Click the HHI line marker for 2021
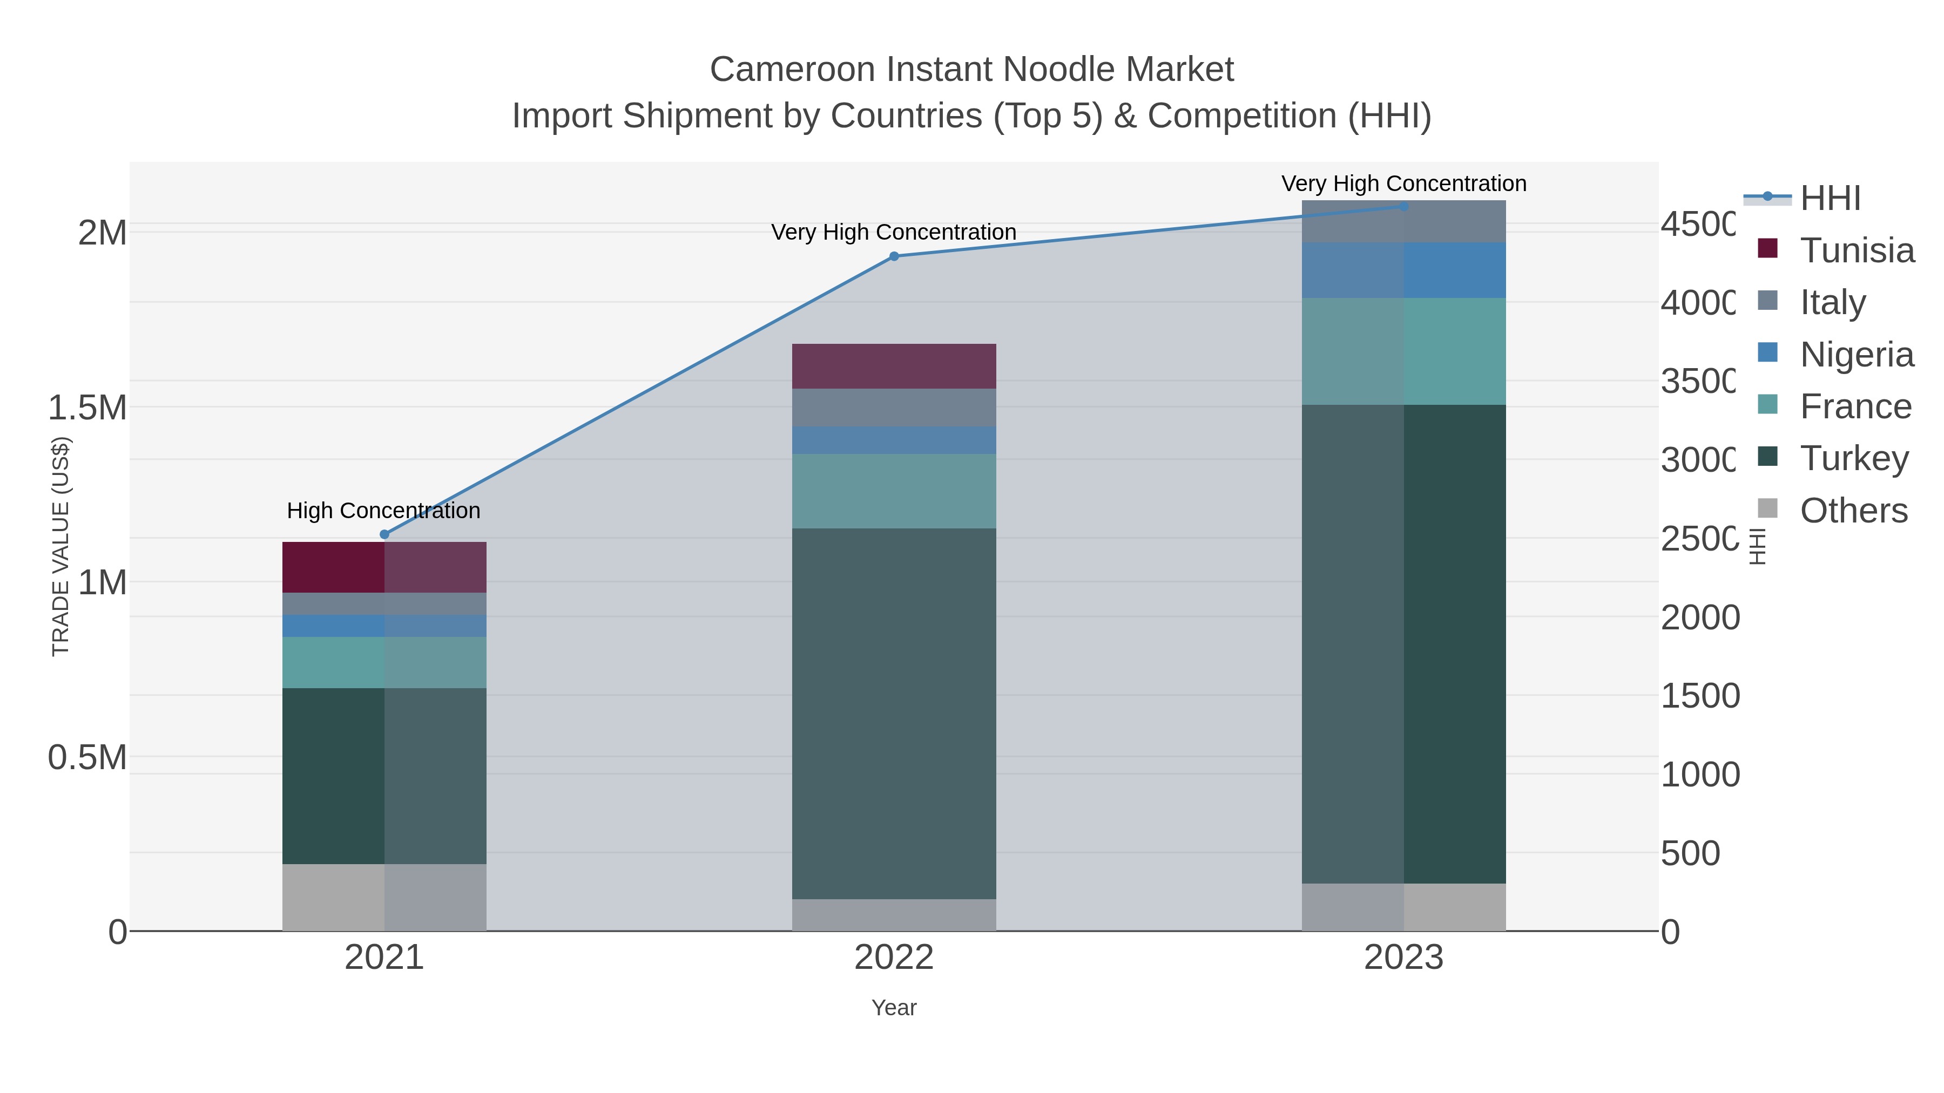(x=384, y=534)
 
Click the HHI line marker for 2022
(x=894, y=256)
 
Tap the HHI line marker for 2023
(x=1403, y=207)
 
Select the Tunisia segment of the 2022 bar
(x=894, y=366)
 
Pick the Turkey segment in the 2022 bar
(x=894, y=713)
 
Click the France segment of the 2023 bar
(x=1403, y=351)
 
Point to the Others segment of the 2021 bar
(x=384, y=897)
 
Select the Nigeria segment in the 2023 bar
(x=1403, y=270)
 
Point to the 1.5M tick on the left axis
(x=87, y=408)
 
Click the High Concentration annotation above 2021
(x=383, y=511)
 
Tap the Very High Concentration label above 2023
(x=1403, y=184)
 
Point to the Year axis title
(x=894, y=1008)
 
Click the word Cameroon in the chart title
(x=792, y=70)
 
